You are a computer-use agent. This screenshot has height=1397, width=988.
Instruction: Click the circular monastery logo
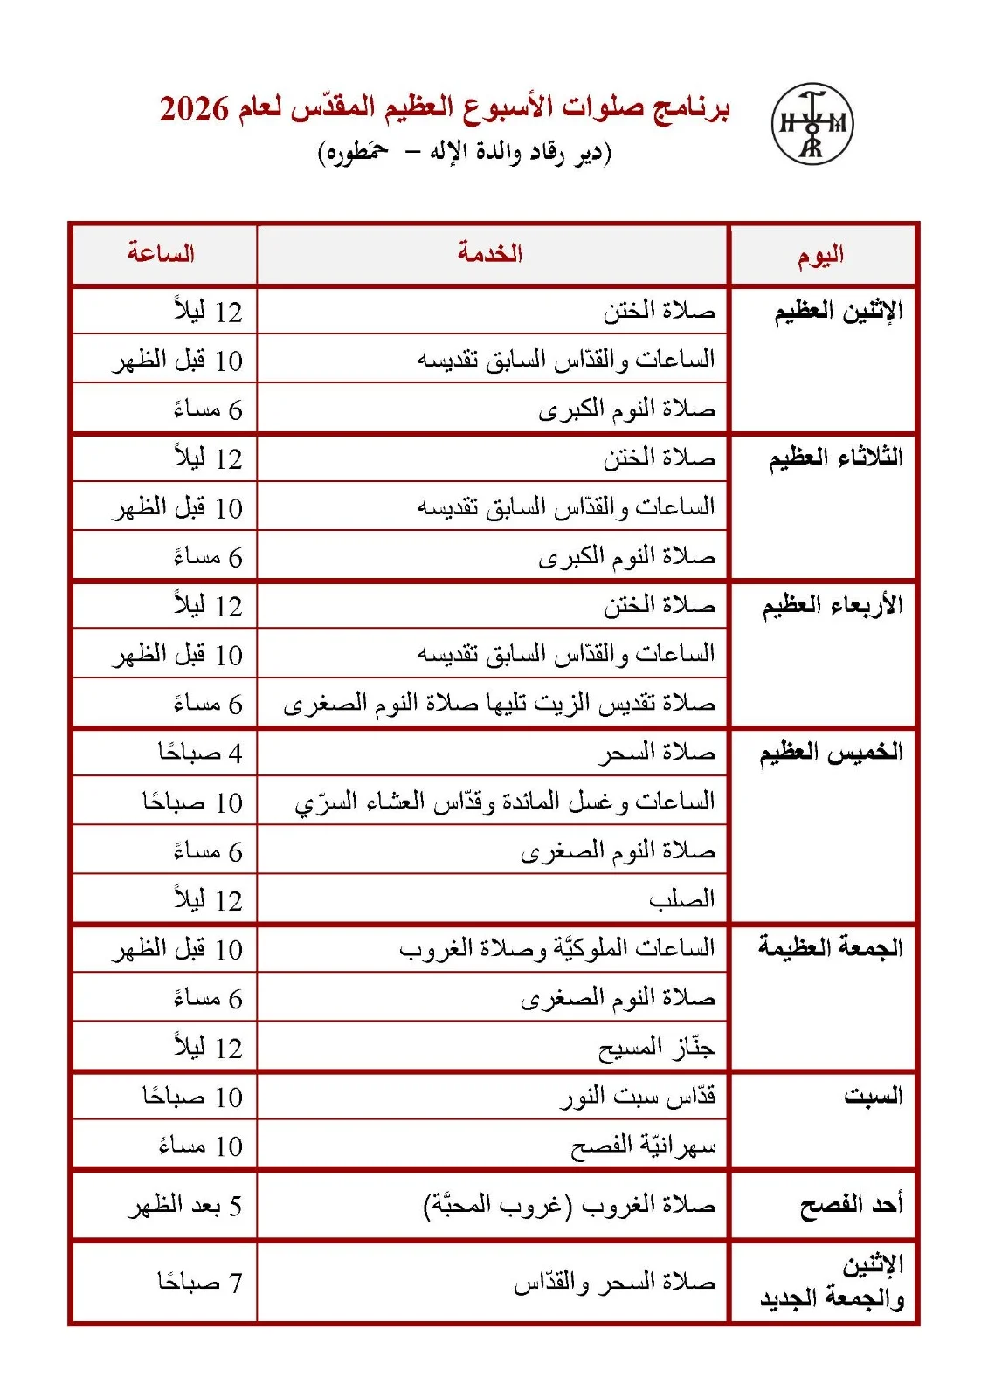tap(812, 124)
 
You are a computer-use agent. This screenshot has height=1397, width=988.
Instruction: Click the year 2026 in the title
tap(194, 109)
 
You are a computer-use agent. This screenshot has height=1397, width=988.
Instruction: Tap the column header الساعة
tap(162, 253)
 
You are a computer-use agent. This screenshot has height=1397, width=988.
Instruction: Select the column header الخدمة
tap(490, 253)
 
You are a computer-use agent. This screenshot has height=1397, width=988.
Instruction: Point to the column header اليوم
tap(820, 255)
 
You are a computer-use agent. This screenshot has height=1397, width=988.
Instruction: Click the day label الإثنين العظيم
tap(838, 311)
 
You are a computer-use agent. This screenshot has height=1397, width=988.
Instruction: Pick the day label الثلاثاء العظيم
tap(835, 458)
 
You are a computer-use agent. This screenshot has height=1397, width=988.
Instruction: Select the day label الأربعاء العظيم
tap(833, 605)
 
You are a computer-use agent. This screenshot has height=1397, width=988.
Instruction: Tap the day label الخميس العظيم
tap(831, 752)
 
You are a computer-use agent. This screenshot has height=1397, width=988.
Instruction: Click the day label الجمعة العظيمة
tap(830, 947)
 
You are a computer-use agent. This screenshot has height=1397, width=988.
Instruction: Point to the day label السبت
tap(873, 1095)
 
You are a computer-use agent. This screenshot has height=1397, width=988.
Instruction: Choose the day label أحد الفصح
tap(851, 1205)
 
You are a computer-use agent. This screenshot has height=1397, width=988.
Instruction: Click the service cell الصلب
tap(681, 899)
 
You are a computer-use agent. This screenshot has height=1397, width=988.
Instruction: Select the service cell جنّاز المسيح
tap(656, 1047)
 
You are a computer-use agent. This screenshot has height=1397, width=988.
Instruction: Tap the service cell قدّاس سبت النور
tap(638, 1096)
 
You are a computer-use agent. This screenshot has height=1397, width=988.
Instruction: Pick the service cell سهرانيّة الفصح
tap(643, 1145)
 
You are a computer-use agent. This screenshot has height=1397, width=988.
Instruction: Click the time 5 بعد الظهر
tap(185, 1206)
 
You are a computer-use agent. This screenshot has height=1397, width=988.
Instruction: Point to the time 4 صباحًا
tap(200, 753)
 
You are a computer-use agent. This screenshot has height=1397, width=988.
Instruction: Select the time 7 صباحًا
tap(200, 1282)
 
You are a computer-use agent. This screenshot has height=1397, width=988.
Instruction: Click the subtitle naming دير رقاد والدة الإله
tap(464, 153)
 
